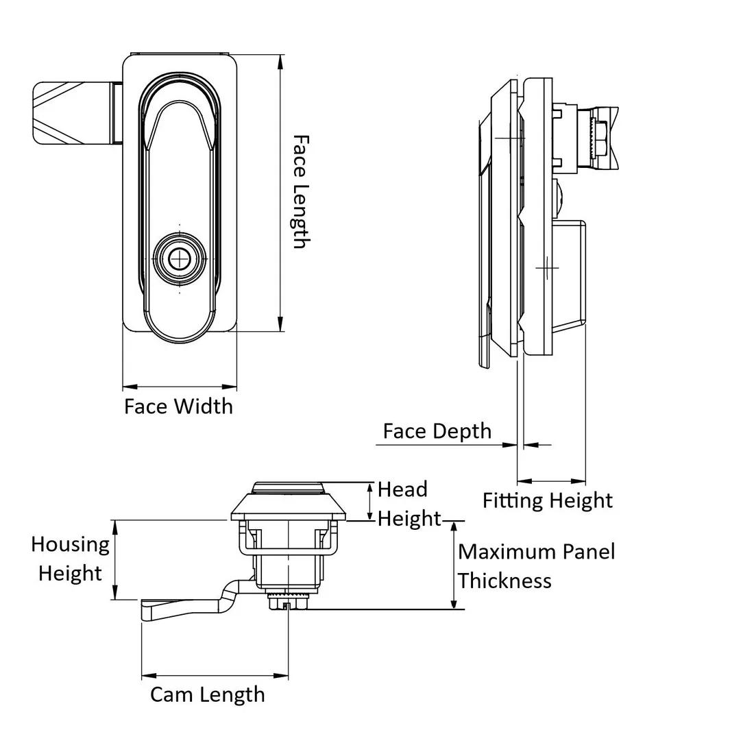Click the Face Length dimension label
(300, 192)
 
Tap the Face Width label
(178, 406)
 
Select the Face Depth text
(437, 431)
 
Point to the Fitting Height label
(547, 500)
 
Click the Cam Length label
(208, 694)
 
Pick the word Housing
(70, 544)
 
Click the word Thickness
(504, 581)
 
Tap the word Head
(402, 489)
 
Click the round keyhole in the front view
(180, 258)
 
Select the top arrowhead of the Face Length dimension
(280, 62)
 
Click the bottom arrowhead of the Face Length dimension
(280, 325)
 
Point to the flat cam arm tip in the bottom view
(147, 609)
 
